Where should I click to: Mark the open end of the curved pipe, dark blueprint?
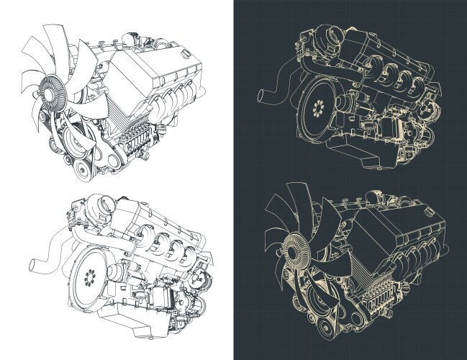[262, 94]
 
